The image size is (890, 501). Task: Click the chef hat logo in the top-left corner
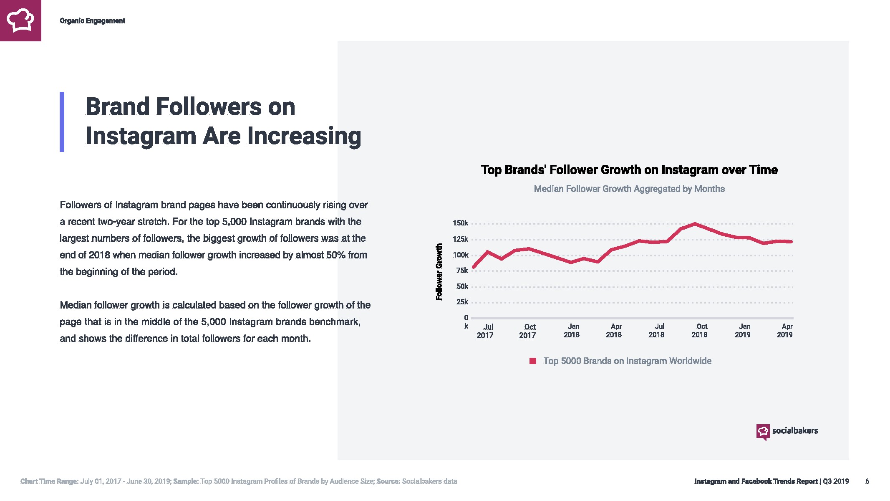tap(20, 20)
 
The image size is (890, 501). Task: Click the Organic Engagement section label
tap(92, 21)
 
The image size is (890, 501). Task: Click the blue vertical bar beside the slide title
tap(62, 121)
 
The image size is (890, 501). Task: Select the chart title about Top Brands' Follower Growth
tap(629, 170)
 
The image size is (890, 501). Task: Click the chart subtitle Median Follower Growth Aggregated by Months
tap(629, 189)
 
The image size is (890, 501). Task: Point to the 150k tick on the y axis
tap(460, 223)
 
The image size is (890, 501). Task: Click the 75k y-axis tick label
tap(462, 271)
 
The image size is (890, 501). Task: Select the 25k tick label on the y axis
tap(462, 302)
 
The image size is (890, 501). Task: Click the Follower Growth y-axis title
tap(439, 272)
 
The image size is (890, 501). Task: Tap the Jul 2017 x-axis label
tap(485, 331)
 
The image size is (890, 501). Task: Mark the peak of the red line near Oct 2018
tap(695, 224)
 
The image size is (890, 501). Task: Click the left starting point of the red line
tap(474, 267)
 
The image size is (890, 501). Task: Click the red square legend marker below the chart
tap(532, 361)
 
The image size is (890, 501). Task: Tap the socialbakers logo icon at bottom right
tap(763, 431)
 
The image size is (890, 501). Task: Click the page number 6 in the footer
tap(867, 481)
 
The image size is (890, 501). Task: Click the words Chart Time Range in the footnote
tap(49, 481)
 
